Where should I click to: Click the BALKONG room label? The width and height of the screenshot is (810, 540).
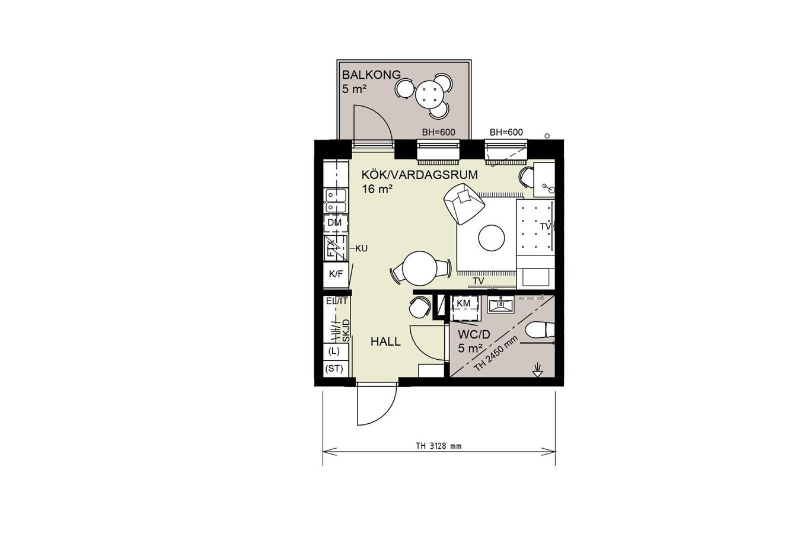coord(371,75)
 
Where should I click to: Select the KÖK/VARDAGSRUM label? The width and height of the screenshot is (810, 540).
coord(419,175)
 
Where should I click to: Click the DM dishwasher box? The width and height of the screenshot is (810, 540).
coord(335,223)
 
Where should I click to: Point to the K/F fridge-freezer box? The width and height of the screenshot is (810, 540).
coord(336,274)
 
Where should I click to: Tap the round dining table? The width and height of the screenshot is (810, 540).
coord(420,268)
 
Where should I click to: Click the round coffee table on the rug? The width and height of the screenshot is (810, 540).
coord(491,238)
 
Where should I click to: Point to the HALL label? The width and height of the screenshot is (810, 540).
coord(385,342)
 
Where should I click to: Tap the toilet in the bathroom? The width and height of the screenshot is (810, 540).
coord(539,330)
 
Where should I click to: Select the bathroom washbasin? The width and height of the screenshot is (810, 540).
coord(501,304)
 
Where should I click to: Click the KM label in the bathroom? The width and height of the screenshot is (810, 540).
coord(464,303)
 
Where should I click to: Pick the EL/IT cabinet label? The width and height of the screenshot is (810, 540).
coord(337,301)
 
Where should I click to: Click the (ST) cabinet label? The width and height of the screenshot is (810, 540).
coord(334,368)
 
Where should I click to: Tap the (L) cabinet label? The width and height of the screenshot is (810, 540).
coord(334,351)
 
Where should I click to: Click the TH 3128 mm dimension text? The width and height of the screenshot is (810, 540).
coord(439,446)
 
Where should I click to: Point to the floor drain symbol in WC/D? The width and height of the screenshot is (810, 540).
coord(538,372)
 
